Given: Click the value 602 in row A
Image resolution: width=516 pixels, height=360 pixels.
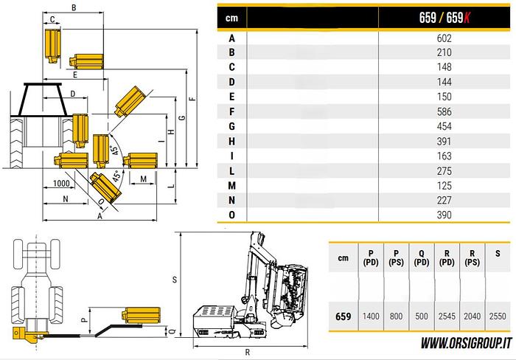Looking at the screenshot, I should tap(444, 38).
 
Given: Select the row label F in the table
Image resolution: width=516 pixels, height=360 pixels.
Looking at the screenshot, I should tap(232, 111).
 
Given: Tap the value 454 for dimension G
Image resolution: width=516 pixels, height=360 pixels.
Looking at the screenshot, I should tap(444, 126).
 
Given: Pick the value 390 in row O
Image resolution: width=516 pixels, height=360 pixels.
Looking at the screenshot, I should tap(444, 215).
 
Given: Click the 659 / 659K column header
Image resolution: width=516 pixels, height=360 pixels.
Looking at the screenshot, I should tap(444, 18).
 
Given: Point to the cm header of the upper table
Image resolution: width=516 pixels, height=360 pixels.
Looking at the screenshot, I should tap(232, 18).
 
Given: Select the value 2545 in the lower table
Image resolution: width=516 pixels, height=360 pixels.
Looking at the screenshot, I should tap(447, 316).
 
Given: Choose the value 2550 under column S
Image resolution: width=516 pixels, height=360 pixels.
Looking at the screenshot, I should tap(498, 316).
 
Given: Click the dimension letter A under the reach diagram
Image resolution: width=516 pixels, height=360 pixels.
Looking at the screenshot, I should tap(100, 217).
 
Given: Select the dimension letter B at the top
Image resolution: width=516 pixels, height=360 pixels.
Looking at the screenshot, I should tap(74, 7).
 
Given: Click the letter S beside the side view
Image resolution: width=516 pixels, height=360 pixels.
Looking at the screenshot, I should tap(174, 280).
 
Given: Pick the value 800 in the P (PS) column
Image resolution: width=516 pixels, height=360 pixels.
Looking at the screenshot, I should tap(396, 316).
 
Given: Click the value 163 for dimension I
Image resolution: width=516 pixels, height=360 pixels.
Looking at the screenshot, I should tap(444, 156).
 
